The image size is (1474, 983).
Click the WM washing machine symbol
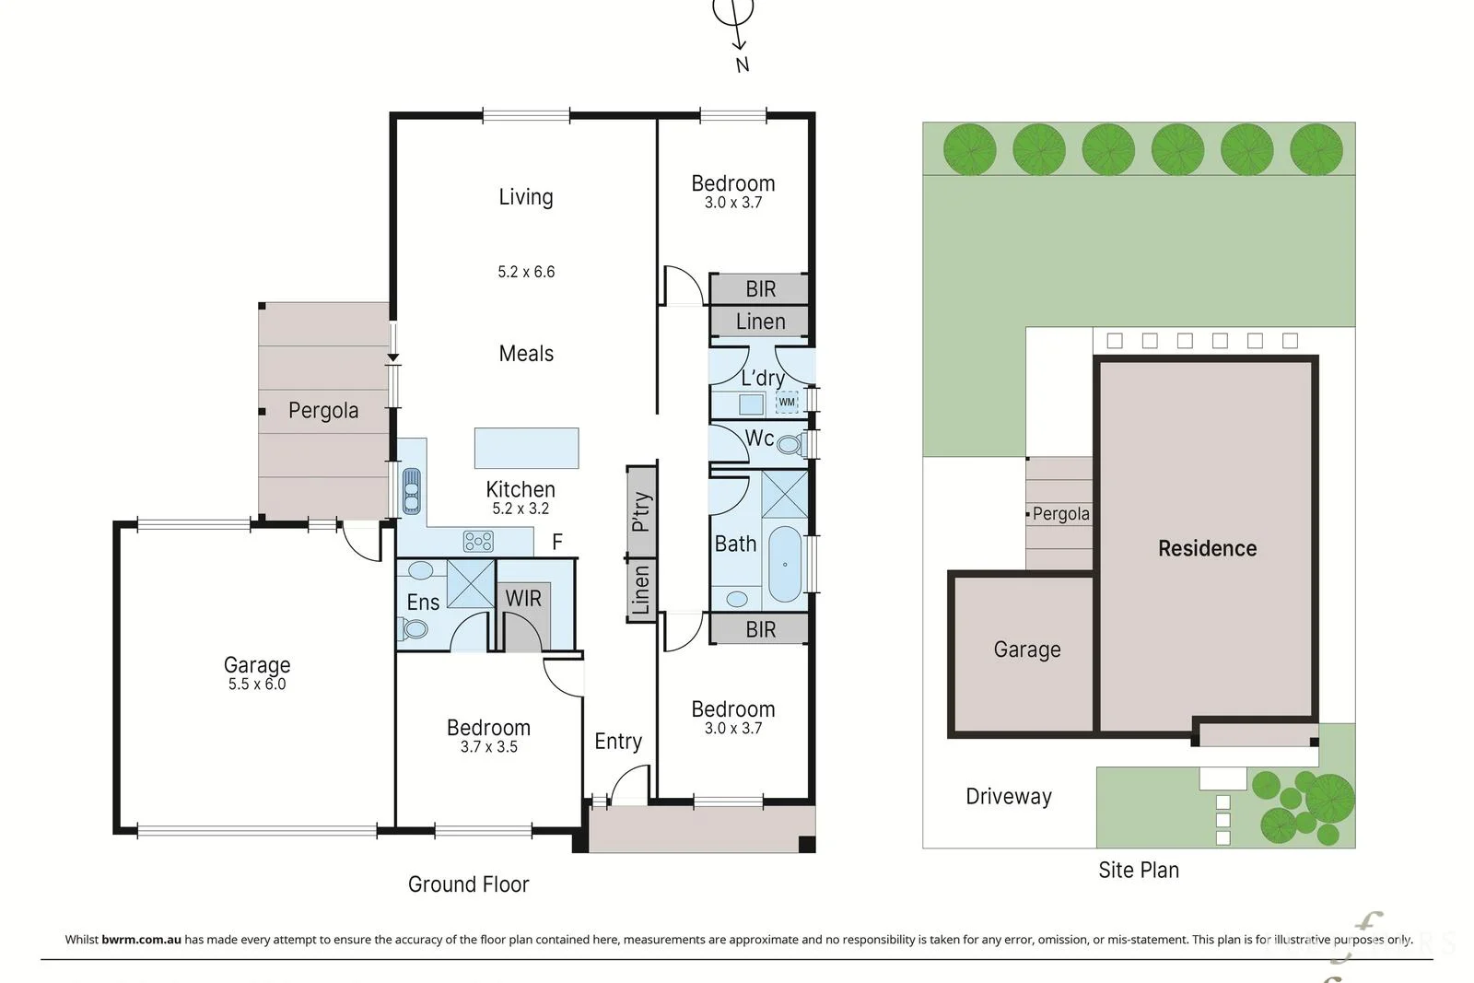click(x=787, y=402)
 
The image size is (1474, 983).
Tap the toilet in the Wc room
click(x=791, y=445)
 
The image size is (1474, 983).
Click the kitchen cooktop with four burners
click(x=478, y=542)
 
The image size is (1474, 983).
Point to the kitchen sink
click(x=411, y=490)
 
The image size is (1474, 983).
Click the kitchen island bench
click(x=526, y=448)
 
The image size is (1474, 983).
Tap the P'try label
click(x=641, y=512)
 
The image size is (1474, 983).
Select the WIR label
click(x=523, y=598)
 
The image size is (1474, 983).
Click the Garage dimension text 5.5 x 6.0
click(x=257, y=685)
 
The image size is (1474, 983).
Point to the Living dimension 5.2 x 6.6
click(x=526, y=272)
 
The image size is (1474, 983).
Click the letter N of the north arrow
click(x=743, y=64)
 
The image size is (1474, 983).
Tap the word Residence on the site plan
click(x=1207, y=549)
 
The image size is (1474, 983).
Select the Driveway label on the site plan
click(x=1008, y=797)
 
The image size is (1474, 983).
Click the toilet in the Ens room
click(x=414, y=629)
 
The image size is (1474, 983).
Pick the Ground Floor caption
click(x=468, y=884)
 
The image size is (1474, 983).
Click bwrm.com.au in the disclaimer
click(x=141, y=940)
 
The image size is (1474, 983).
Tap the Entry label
click(x=618, y=742)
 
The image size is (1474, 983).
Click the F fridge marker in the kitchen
click(x=557, y=542)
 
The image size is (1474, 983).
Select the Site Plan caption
click(x=1139, y=870)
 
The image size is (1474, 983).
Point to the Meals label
click(x=526, y=354)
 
